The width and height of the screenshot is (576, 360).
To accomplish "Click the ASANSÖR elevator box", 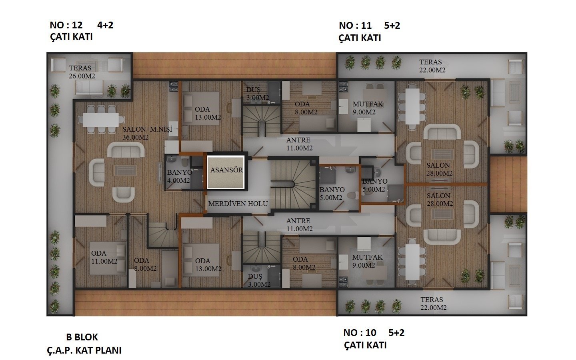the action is pyautogui.click(x=226, y=172).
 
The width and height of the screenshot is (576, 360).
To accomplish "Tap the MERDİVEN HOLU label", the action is pyautogui.click(x=238, y=204).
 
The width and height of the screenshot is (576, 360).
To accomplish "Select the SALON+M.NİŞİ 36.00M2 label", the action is pyautogui.click(x=147, y=133).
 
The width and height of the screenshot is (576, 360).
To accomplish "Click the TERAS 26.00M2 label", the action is pyautogui.click(x=82, y=72).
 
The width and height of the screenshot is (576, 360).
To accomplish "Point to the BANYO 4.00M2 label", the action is pyautogui.click(x=180, y=176).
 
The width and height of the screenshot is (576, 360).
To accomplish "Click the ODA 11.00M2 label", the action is pyautogui.click(x=104, y=257).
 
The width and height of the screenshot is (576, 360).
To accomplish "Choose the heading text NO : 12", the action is pyautogui.click(x=66, y=25).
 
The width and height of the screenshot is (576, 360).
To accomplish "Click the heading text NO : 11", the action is pyautogui.click(x=355, y=26).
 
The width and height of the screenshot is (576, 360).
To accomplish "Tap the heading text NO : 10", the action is pyautogui.click(x=360, y=333).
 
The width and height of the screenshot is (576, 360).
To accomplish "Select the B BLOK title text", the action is pyautogui.click(x=82, y=337).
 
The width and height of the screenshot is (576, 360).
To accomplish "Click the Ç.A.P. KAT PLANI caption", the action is pyautogui.click(x=84, y=350).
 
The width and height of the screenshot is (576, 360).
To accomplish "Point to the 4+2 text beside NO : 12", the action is pyautogui.click(x=105, y=25).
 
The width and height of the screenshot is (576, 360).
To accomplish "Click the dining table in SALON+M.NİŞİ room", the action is pyautogui.click(x=100, y=120).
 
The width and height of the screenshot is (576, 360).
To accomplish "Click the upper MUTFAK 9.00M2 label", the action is pyautogui.click(x=368, y=108).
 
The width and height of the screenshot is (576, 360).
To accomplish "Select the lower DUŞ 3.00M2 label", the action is pyautogui.click(x=259, y=280).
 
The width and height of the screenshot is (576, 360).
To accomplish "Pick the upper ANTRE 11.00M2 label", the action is pyautogui.click(x=299, y=144).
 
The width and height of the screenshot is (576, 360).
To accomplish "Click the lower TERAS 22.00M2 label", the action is pyautogui.click(x=433, y=304).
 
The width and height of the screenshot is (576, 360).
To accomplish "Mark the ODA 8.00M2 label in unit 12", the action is pyautogui.click(x=145, y=264).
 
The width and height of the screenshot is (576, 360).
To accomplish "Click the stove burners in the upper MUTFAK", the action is pyautogui.click(x=343, y=87).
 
